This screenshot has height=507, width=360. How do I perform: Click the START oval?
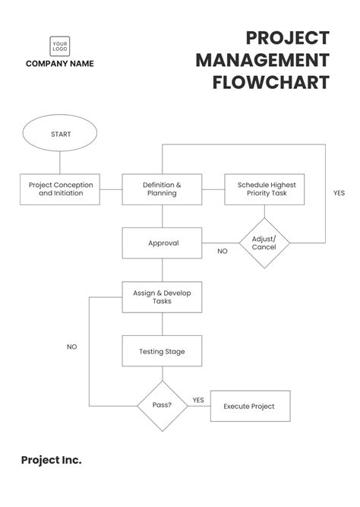61,135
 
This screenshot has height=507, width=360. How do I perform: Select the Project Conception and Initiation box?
61,189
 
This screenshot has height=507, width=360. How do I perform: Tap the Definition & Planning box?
162,189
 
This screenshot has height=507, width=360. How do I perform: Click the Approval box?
162,243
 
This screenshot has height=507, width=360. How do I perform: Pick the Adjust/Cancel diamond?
264,243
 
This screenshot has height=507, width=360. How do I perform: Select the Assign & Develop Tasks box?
162,296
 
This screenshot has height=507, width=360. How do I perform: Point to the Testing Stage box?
162,351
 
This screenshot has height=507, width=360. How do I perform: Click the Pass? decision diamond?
162,406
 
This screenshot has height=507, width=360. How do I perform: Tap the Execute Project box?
248,406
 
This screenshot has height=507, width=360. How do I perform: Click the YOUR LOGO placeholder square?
60,47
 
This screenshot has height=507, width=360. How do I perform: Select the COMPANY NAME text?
60,64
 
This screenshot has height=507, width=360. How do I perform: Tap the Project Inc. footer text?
51,460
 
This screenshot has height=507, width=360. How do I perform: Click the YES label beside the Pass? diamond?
198,400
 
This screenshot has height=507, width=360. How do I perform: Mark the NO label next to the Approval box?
223,251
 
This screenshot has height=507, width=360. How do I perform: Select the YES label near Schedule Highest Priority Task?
339,193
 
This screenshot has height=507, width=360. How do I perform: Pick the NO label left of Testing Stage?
72,347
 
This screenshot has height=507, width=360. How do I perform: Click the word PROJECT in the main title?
288,38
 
